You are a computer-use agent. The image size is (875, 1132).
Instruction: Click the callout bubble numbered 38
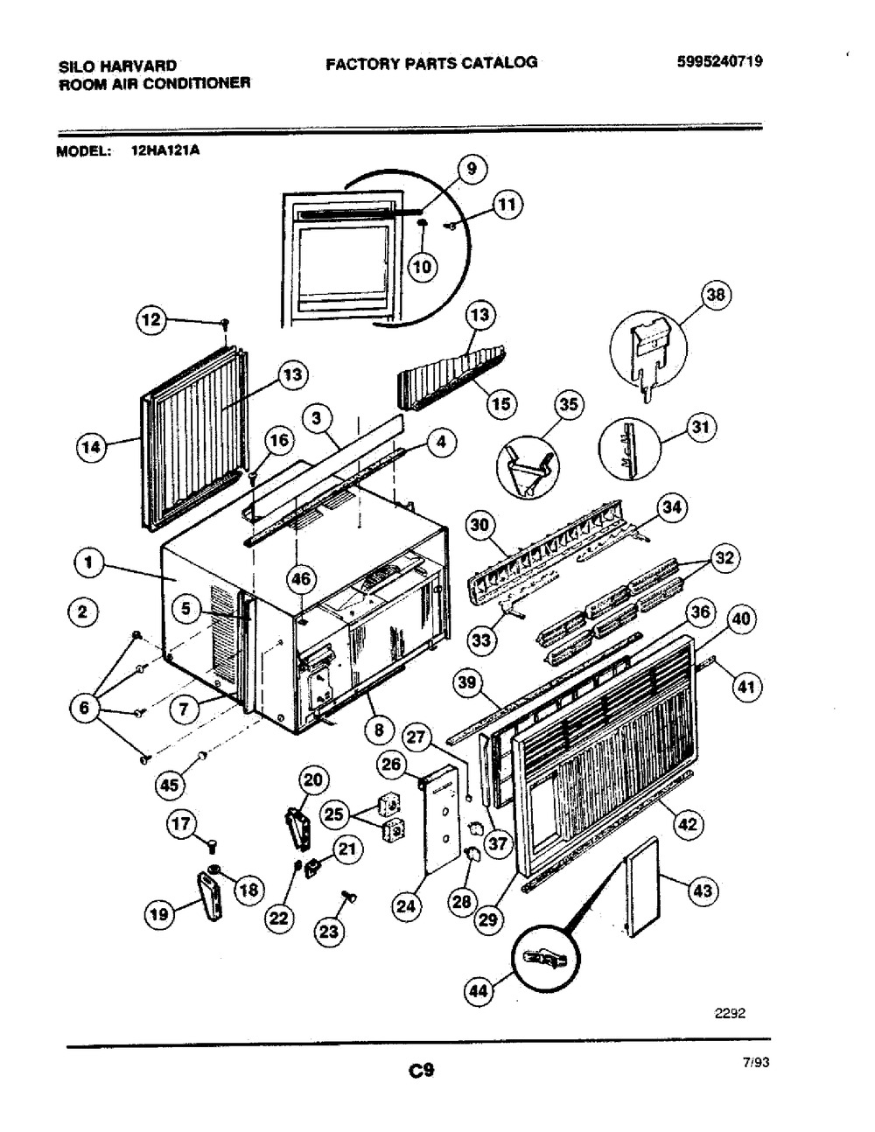pos(716,295)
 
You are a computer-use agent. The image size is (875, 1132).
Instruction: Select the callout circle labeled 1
pos(89,563)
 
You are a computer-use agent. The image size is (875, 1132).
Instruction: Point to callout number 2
pos(83,611)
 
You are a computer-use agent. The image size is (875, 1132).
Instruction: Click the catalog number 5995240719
pos(720,61)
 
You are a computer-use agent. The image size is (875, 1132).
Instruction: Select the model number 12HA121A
pos(165,151)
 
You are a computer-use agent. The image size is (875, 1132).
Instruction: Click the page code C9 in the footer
pos(421,1071)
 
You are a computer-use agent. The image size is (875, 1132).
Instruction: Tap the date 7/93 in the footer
pos(756,1063)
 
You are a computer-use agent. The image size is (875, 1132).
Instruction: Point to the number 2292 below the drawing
pos(731,1013)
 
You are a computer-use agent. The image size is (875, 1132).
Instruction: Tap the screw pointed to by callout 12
pos(226,324)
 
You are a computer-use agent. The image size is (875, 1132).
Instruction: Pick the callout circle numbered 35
pos(569,404)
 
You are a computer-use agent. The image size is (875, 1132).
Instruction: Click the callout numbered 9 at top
pos(472,169)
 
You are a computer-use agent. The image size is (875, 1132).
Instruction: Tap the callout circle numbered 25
pos(334,814)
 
